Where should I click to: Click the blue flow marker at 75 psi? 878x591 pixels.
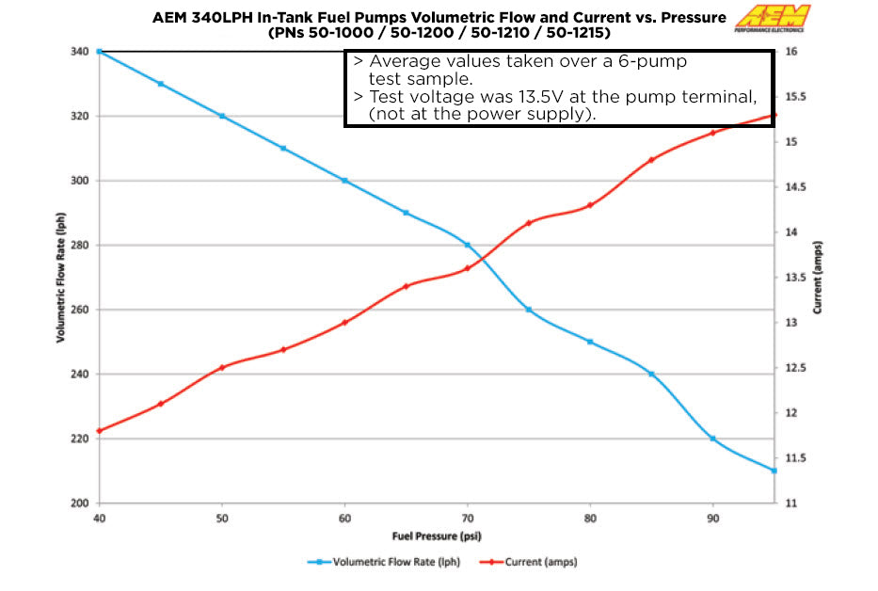pyautogui.click(x=529, y=310)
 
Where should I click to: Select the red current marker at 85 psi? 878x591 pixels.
pyautogui.click(x=651, y=160)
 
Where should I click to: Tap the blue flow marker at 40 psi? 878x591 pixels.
pyautogui.click(x=100, y=51)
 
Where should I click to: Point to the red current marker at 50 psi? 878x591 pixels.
pyautogui.click(x=222, y=367)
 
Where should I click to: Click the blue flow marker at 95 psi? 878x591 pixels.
pyautogui.click(x=774, y=471)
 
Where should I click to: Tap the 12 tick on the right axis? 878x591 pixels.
pyautogui.click(x=792, y=413)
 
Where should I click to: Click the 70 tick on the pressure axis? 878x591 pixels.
pyautogui.click(x=468, y=518)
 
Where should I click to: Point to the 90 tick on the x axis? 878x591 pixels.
pyautogui.click(x=712, y=518)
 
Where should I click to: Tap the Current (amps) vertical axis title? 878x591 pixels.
pyautogui.click(x=817, y=278)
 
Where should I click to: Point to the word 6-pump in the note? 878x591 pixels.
pyautogui.click(x=656, y=60)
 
